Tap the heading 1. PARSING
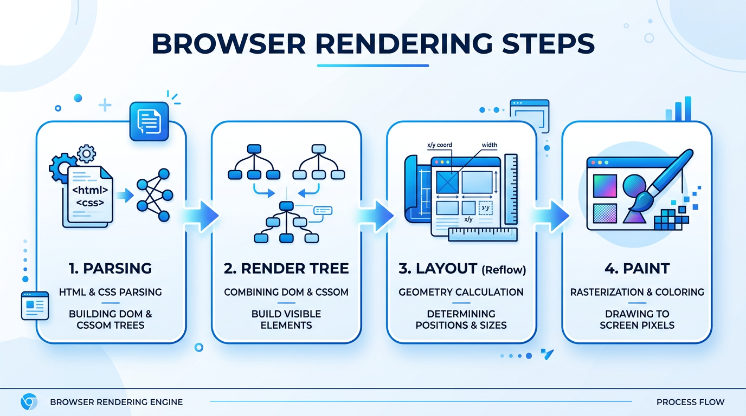click(111, 268)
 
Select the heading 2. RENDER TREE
click(286, 268)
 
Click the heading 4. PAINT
click(637, 268)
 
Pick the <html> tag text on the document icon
click(90, 190)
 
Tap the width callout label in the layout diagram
click(489, 145)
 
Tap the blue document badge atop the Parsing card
click(149, 122)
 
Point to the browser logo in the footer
click(29, 402)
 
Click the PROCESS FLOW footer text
click(690, 402)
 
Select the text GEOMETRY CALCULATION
click(461, 292)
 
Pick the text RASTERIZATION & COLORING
click(637, 292)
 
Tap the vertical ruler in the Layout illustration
click(511, 189)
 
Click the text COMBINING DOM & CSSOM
click(286, 292)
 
